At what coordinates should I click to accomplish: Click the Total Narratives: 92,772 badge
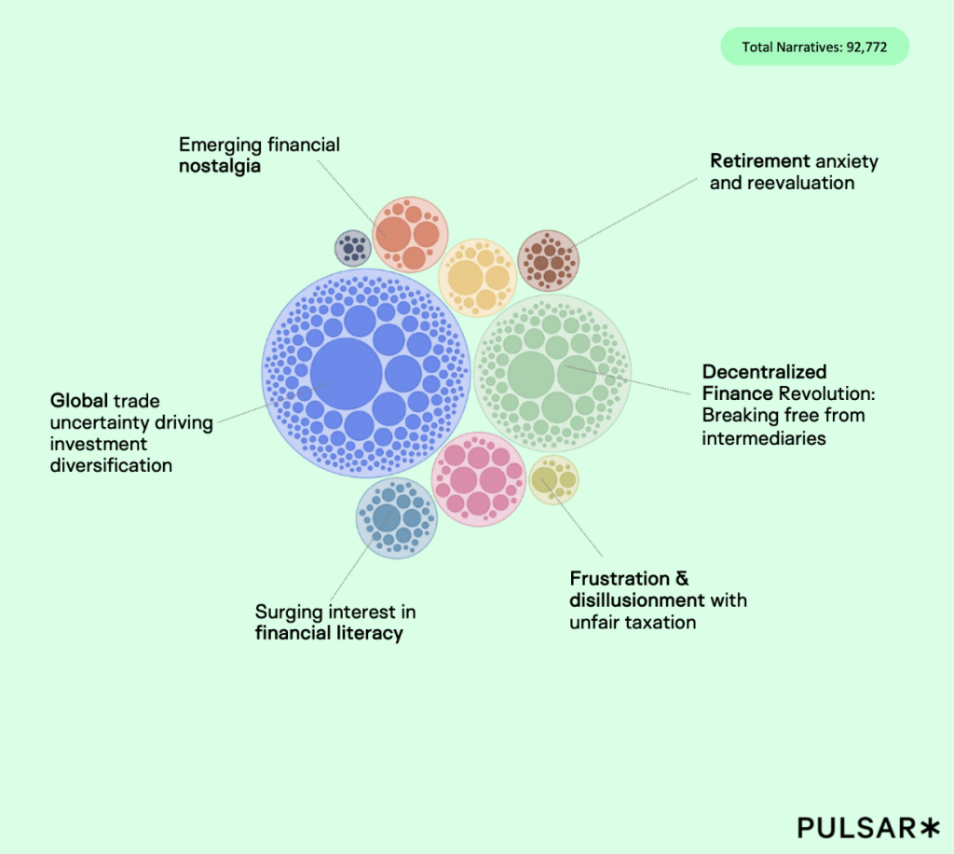814,47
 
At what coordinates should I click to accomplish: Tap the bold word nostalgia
219,167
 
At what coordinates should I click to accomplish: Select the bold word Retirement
760,161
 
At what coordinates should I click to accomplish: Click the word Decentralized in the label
764,372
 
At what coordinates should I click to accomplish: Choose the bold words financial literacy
329,634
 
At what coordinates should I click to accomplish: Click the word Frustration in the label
620,579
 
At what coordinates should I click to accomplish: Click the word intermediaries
764,437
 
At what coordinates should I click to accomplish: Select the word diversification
111,465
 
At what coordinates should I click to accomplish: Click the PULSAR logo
857,826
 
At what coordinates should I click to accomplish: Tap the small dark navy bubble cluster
353,247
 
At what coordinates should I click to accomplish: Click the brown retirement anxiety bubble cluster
548,261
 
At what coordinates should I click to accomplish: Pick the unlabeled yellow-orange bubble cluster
477,277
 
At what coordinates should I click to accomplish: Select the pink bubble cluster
478,478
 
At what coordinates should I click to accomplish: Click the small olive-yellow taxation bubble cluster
553,480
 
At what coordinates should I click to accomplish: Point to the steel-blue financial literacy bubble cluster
397,517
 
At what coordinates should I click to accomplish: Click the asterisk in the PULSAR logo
931,826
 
